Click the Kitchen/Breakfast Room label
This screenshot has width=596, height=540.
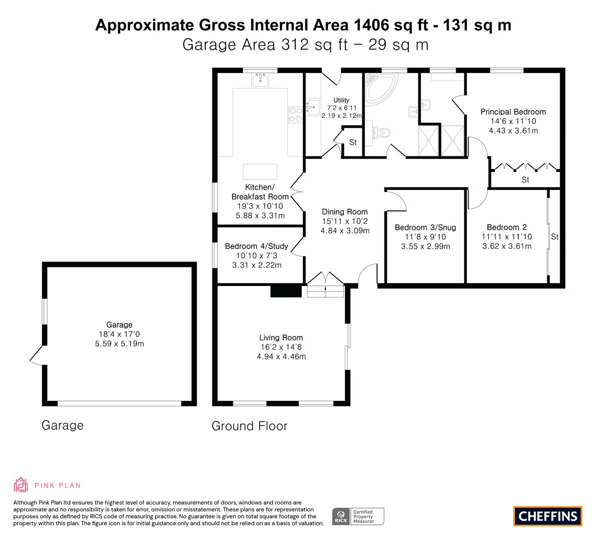coord(260,192)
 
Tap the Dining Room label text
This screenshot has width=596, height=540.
coord(344,211)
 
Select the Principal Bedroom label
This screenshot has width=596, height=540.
coord(513,111)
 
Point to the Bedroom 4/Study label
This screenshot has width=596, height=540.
coord(256,246)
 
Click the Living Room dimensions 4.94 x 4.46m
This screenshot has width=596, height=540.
coord(281,356)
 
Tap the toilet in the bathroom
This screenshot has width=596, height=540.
coord(382,132)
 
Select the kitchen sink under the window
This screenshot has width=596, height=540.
coord(260,79)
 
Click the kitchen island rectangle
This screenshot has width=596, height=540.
coord(260,171)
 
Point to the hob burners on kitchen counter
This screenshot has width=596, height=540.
coord(294,114)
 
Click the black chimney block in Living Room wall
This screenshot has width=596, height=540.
coord(285,291)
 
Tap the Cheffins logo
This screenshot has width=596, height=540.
coord(547,516)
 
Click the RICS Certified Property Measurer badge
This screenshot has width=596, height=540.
coord(358,516)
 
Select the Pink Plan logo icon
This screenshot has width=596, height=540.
coord(21,484)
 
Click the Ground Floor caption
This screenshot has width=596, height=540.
coord(249,426)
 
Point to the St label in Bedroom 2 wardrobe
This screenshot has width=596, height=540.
coord(554,237)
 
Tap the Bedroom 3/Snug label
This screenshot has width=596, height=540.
coord(425,227)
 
